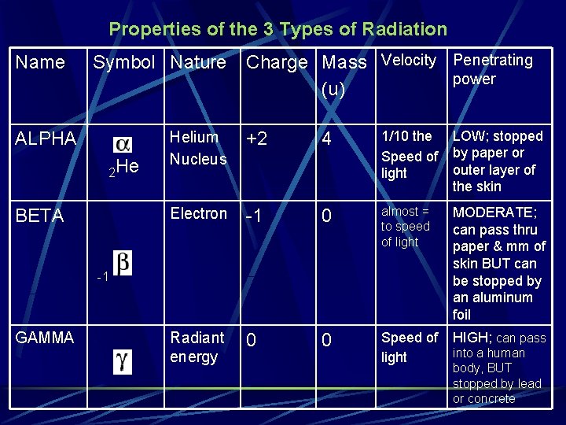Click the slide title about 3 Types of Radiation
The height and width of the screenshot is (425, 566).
[277, 30]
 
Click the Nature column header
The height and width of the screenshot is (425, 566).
[198, 62]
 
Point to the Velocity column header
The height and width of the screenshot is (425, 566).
[409, 61]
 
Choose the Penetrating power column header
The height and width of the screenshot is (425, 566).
[493, 69]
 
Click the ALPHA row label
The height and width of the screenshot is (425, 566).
[46, 139]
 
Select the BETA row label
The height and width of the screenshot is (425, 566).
[39, 216]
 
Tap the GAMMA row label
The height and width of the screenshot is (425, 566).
[45, 338]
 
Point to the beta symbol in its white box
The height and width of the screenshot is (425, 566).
[123, 262]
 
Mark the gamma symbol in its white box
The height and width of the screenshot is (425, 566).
[123, 361]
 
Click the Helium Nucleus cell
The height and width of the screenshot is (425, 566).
[198, 148]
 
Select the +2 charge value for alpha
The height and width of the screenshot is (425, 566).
[257, 139]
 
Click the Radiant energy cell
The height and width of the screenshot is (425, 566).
[197, 347]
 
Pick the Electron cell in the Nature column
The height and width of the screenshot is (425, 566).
[198, 213]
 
